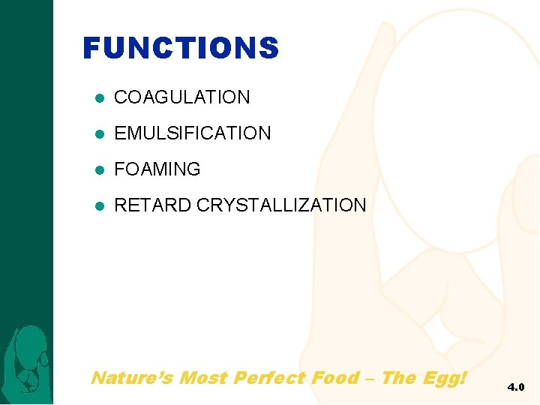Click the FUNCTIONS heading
(x=181, y=49)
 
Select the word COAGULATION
(x=181, y=97)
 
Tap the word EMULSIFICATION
(x=192, y=133)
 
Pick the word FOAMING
(x=157, y=169)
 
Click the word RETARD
(x=152, y=205)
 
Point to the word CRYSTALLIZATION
(x=281, y=205)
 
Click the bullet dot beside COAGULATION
(x=99, y=98)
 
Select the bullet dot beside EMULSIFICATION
(x=99, y=134)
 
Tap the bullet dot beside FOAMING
(x=99, y=170)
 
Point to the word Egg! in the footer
(x=445, y=378)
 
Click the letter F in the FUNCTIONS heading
(x=91, y=49)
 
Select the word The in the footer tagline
(x=397, y=377)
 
